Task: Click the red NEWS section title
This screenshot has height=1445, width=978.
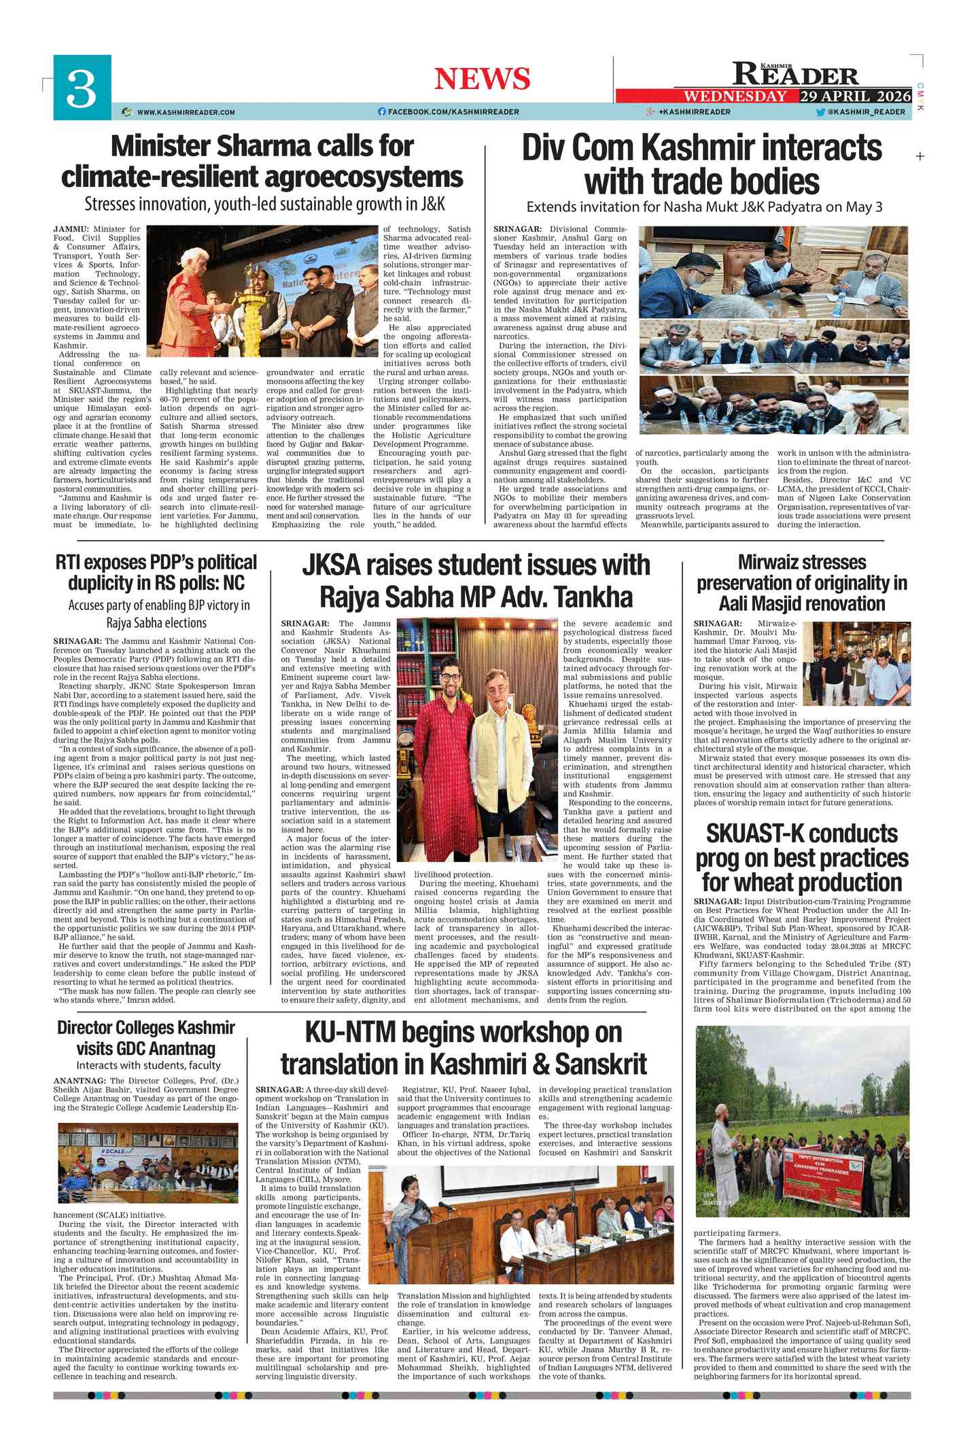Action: [x=482, y=79]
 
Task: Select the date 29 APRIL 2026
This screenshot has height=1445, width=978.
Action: [x=855, y=96]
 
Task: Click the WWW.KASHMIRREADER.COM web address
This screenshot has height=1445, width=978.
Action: [x=186, y=112]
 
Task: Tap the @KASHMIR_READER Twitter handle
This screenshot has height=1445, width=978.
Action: [x=866, y=112]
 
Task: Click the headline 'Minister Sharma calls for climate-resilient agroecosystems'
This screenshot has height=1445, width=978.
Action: [x=262, y=161]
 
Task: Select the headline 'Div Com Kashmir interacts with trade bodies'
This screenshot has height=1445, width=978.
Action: [x=701, y=164]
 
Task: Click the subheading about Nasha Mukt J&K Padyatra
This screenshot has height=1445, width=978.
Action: [x=704, y=207]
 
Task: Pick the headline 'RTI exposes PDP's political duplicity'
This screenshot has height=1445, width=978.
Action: [x=156, y=573]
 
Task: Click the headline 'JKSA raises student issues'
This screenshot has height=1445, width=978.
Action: [x=476, y=581]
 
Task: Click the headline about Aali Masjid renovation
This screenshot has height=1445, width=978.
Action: [x=801, y=583]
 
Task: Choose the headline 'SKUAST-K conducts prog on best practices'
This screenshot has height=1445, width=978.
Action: [x=801, y=857]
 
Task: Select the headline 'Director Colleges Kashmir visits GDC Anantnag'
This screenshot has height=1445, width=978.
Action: [x=146, y=1037]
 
